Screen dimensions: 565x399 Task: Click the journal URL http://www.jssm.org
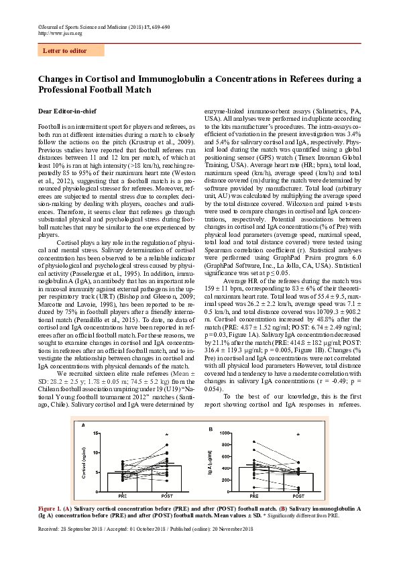[60, 32]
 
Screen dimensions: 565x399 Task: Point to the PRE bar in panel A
[123, 482]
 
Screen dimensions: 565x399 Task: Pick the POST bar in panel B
[298, 482]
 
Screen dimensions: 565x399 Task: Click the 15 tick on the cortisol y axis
[97, 433]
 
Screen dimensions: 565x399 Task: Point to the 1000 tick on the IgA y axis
[225, 433]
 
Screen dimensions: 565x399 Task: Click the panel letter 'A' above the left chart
[83, 426]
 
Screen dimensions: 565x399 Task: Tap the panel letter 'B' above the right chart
[210, 428]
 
